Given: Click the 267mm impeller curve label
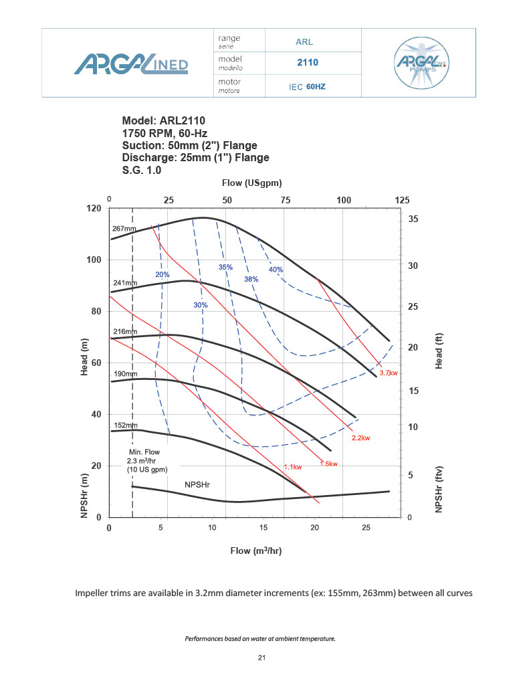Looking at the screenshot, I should click(x=124, y=229).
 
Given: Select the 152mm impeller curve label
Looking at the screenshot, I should click(x=124, y=425).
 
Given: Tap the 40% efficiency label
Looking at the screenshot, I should click(x=276, y=270).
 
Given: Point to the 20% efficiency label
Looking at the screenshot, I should click(x=163, y=275).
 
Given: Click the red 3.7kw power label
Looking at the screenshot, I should click(x=389, y=373).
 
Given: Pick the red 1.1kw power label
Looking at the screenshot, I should click(x=293, y=467).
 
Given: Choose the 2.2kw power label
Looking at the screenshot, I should click(x=360, y=438).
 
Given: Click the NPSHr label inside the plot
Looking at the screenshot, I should click(x=197, y=482).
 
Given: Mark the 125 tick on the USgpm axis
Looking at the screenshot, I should click(x=402, y=200).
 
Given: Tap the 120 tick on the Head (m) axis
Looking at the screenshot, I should click(x=93, y=209).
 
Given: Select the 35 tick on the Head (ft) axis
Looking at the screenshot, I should click(x=413, y=219).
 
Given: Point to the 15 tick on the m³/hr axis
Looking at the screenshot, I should click(x=263, y=528).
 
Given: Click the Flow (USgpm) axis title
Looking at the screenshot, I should click(x=251, y=183).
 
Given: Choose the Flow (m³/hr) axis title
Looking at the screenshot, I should click(x=255, y=551).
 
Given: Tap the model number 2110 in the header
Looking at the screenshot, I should click(x=308, y=63).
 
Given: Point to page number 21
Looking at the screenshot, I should click(x=262, y=658).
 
